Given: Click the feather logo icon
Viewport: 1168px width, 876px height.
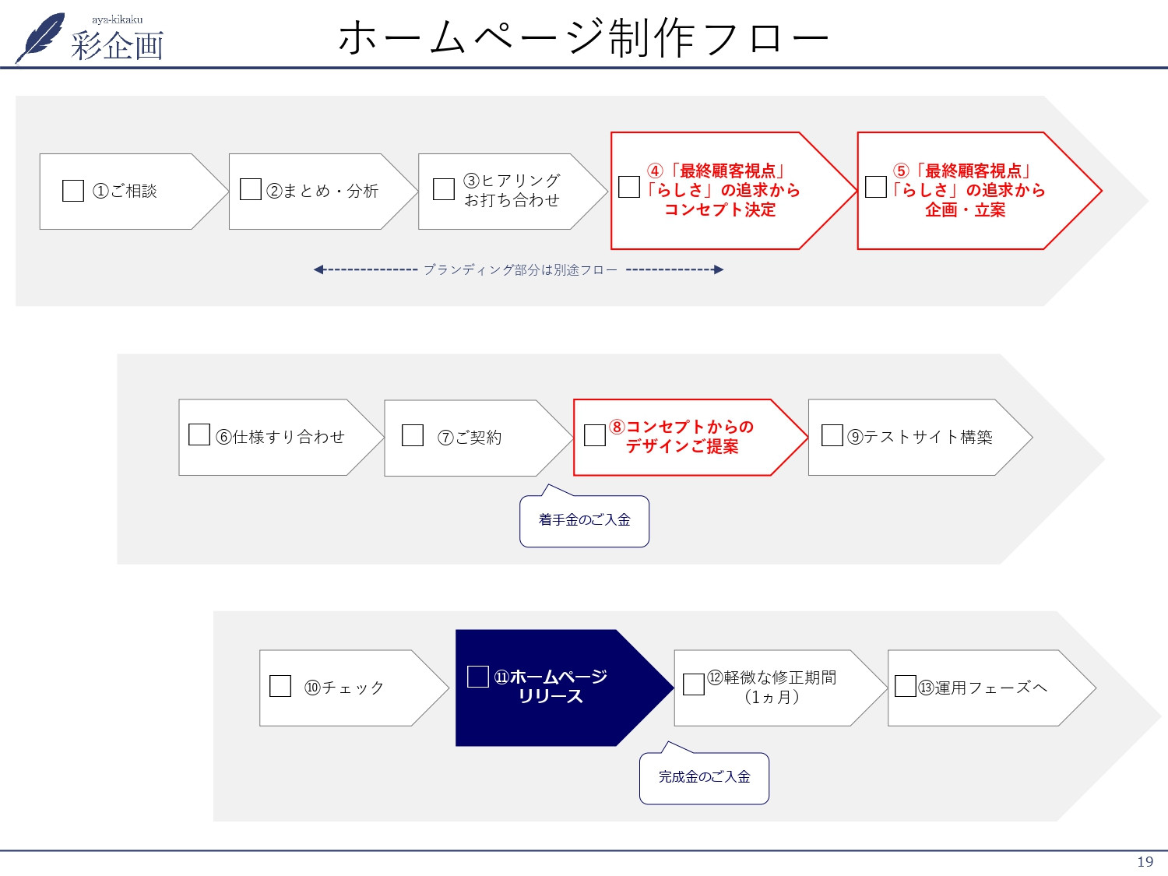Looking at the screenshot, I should [40, 37].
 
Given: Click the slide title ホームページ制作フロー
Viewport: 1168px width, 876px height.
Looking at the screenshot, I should [583, 37].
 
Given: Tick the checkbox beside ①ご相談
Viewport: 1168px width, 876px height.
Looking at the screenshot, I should [72, 191].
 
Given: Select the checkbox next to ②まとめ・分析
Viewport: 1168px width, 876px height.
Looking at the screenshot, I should [251, 189].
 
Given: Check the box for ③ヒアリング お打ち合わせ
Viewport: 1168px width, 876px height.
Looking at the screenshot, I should [444, 189].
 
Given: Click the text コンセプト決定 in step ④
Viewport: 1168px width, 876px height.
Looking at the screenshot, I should [719, 210].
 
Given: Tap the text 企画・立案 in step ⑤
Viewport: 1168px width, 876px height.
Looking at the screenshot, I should [965, 210].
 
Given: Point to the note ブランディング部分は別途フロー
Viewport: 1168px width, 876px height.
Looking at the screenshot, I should [519, 270].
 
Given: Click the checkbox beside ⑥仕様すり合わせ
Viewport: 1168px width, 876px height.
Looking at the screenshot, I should [199, 434].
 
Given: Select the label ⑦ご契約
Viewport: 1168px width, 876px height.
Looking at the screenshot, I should [470, 438].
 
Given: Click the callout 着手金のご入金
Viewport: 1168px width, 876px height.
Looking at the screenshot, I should [584, 520].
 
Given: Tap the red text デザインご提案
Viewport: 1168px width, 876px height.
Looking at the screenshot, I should [682, 447].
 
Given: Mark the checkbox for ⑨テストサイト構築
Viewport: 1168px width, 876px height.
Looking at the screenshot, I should [832, 435].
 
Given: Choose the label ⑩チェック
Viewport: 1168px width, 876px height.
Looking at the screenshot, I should [344, 688].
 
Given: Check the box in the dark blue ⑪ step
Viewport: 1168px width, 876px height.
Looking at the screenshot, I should [477, 677].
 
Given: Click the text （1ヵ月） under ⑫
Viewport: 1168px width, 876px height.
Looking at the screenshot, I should [772, 697].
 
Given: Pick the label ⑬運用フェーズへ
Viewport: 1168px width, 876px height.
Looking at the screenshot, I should [983, 688].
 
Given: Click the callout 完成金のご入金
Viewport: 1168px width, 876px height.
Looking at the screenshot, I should [704, 777].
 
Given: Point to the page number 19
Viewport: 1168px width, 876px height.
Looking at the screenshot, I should [1145, 862].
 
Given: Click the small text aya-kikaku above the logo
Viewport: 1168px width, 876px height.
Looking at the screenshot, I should [117, 19].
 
